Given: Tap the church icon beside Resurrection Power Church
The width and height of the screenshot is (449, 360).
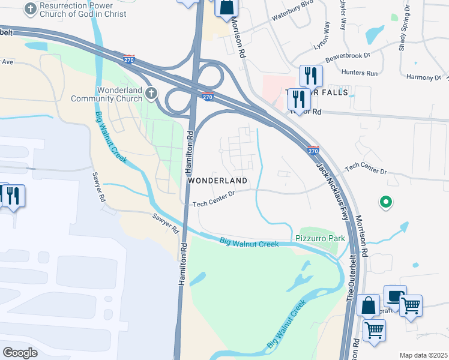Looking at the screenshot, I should coord(30,8).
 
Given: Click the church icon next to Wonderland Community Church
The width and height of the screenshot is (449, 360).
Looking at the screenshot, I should coord(151,94).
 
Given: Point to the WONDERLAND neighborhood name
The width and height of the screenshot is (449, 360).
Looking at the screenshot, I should coord(217,180).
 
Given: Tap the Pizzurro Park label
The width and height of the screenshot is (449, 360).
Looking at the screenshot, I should coord(320,238).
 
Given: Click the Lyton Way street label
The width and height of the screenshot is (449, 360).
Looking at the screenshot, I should coord(322,37).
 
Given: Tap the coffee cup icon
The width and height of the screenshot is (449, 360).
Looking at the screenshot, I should coord(394,296).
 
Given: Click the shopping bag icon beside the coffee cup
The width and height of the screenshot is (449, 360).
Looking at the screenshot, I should coord(368,304).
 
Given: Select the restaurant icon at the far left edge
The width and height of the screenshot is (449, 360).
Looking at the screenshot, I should coord(13,196).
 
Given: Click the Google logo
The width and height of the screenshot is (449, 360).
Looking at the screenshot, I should coord(20,353).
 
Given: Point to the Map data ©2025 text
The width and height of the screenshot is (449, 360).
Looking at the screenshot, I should coord(423,355).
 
